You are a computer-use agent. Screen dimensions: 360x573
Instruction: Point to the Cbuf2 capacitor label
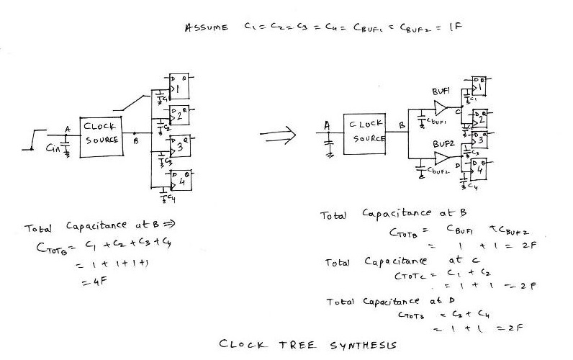[441, 173]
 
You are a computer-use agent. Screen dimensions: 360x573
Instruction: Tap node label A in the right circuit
[327, 125]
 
